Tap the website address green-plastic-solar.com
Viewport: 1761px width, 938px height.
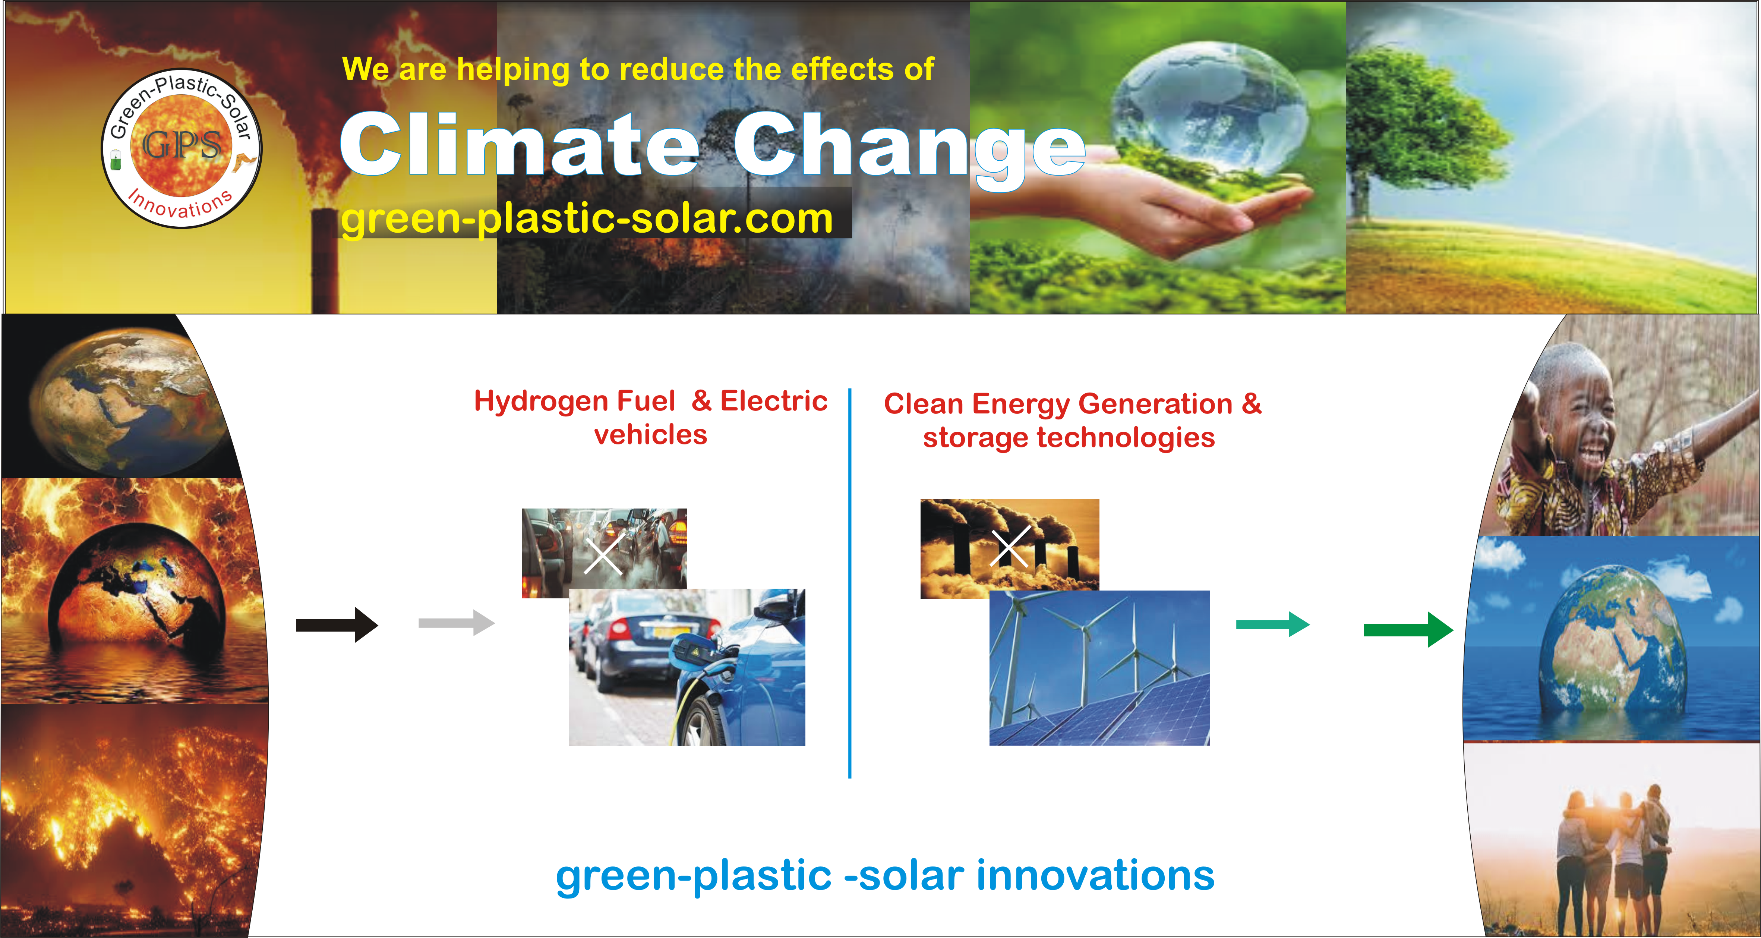pos(587,219)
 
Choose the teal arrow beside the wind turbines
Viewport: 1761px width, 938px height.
pos(1273,624)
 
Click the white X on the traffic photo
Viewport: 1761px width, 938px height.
pos(603,554)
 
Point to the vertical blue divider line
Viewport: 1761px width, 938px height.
pos(850,583)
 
